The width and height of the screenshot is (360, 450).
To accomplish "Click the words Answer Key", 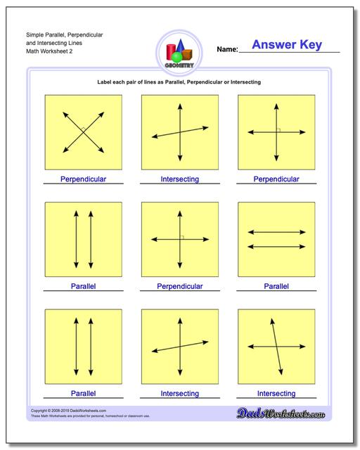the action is point(286,45).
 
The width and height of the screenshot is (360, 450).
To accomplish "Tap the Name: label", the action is point(227,50).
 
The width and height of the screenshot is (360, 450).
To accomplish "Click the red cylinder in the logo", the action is point(171,51).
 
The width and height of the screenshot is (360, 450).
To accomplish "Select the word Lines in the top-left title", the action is point(77,43).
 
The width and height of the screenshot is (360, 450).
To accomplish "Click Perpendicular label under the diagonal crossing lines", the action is point(83,179).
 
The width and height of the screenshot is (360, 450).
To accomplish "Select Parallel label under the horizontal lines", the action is point(276,286).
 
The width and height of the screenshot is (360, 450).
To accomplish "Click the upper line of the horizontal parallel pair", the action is point(276,232).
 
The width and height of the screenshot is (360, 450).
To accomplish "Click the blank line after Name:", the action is point(288,51).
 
